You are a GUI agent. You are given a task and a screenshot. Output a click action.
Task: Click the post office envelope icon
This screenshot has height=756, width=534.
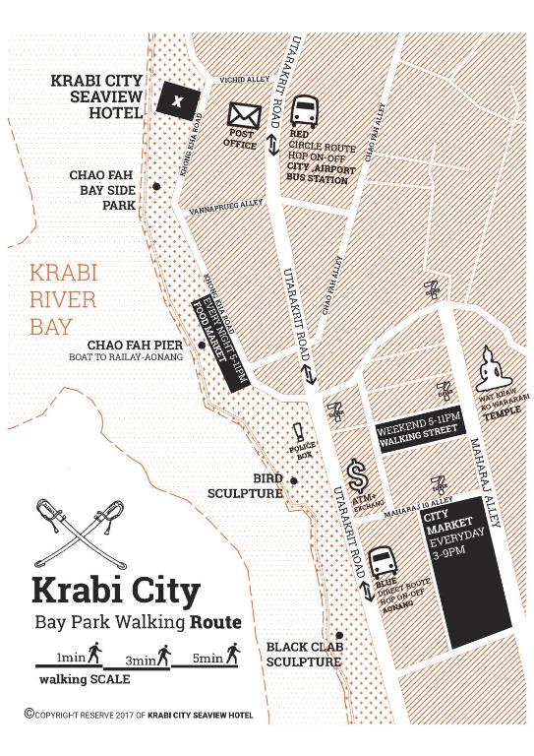click(243, 116)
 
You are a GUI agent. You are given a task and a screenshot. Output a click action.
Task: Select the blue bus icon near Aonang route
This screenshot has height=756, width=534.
click(381, 563)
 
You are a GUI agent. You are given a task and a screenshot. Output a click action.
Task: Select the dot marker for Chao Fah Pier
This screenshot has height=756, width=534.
click(201, 346)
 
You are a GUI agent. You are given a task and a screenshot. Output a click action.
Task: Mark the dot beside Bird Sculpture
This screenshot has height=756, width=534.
click(293, 480)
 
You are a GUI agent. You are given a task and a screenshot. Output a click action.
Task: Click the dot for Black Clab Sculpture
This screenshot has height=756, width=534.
click(337, 635)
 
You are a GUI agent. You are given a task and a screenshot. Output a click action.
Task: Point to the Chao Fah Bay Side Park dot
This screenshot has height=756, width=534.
click(155, 187)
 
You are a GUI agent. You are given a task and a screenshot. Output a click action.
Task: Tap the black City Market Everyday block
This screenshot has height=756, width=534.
click(465, 571)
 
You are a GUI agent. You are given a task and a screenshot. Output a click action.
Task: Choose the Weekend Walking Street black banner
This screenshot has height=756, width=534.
click(416, 434)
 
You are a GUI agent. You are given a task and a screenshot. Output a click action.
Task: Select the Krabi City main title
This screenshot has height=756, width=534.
click(116, 590)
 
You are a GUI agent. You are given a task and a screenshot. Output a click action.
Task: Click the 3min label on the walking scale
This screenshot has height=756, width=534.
click(140, 658)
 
